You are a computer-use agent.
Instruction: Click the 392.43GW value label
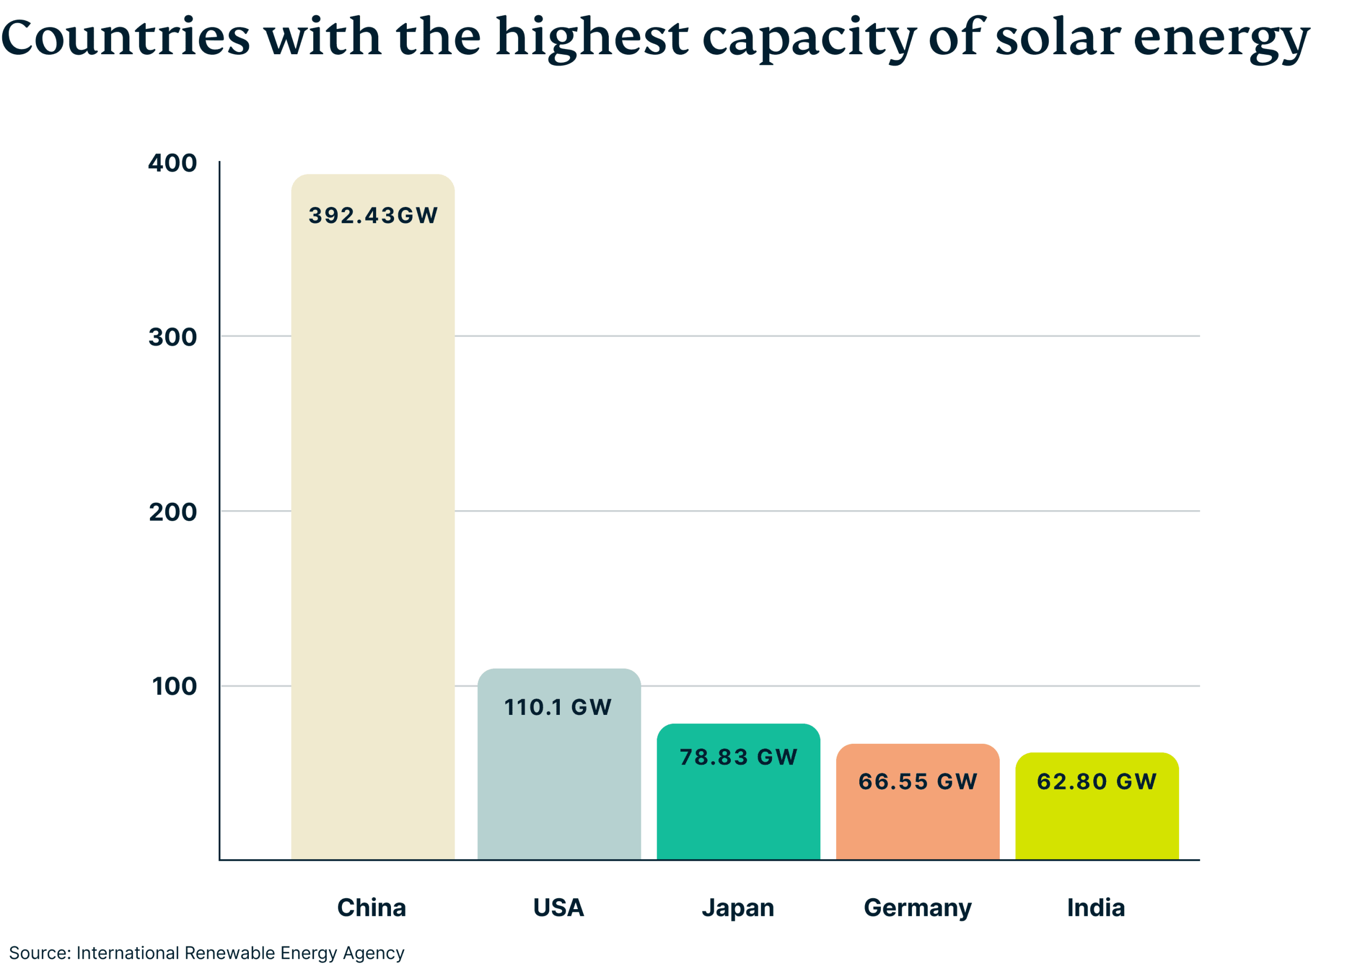(x=373, y=215)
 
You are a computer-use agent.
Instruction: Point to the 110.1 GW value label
(x=558, y=707)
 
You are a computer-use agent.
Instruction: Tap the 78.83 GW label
(x=738, y=757)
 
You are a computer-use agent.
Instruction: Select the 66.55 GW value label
(x=918, y=781)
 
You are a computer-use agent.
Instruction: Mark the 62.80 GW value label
(x=1097, y=781)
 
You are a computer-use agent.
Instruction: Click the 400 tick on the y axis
(x=172, y=163)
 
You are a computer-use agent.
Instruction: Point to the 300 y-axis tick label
(x=172, y=337)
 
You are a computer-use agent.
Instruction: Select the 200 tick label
(x=172, y=512)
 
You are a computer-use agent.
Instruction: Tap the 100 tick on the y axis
(x=174, y=686)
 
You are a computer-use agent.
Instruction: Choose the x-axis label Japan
(x=738, y=908)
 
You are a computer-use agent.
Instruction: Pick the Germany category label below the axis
(x=918, y=908)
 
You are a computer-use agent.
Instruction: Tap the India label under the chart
(x=1096, y=907)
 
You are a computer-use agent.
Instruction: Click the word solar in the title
(x=1058, y=37)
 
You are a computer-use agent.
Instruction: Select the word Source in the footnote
(x=39, y=953)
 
